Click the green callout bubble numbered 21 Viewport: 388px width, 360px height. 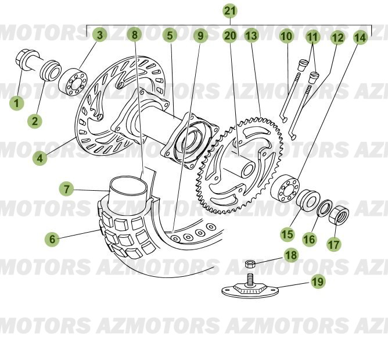coord(230,10)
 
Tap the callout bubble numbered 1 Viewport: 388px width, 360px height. coord(17,104)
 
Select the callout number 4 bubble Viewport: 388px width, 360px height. coord(39,158)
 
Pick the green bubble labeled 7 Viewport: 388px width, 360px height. coord(67,189)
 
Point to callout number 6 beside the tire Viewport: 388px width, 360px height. coord(52,238)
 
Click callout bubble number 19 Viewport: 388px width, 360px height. coord(317,282)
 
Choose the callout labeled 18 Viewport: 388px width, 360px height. coord(290,255)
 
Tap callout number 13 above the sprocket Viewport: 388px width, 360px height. coord(251,35)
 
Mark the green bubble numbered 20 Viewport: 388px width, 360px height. coord(230,35)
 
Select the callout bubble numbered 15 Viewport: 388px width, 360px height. coord(288,234)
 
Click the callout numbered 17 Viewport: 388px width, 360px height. coord(333,244)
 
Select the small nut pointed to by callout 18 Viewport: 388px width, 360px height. coord(251,265)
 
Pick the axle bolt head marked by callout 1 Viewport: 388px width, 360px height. coord(26,59)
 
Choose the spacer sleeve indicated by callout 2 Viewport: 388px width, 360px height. coord(51,70)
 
